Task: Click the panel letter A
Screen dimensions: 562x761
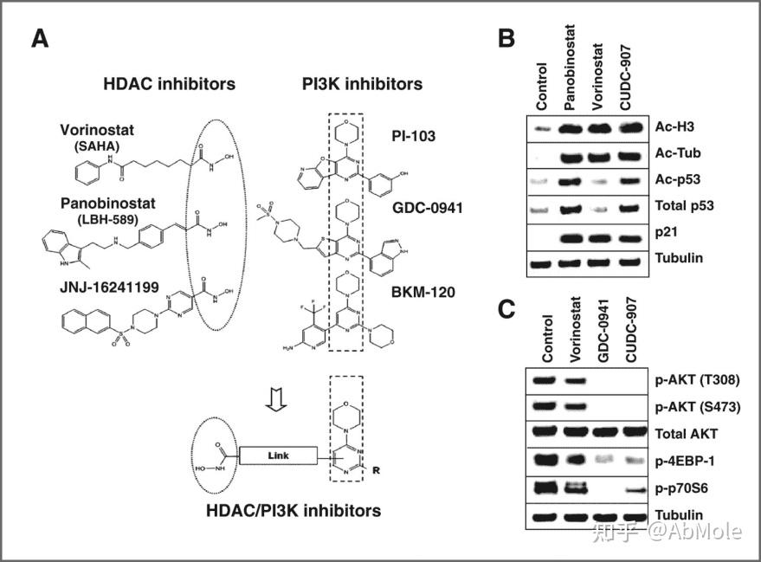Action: [x=39, y=38]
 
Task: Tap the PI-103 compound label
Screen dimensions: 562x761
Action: [x=414, y=135]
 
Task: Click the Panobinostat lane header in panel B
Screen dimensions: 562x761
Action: [x=571, y=78]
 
